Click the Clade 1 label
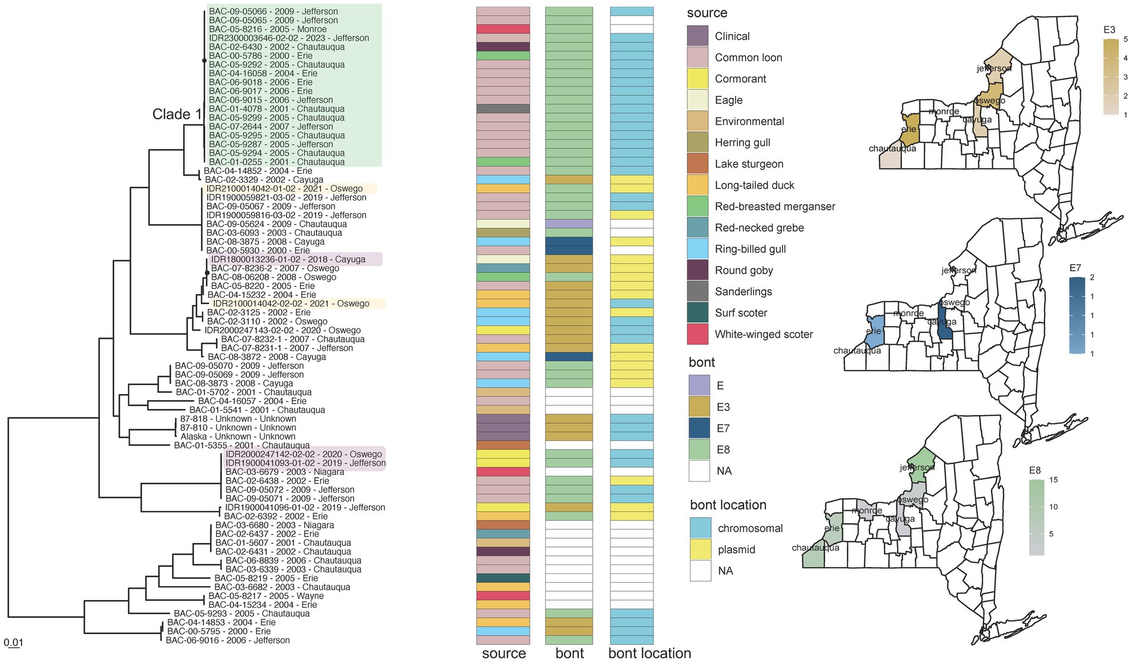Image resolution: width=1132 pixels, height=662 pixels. (177, 114)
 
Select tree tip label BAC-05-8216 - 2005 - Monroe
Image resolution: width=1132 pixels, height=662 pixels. (268, 29)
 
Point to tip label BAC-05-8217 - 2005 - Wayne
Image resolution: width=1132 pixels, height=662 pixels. (266, 596)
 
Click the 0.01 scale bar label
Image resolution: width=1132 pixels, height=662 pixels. (13, 642)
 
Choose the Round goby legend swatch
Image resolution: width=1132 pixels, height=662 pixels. (698, 270)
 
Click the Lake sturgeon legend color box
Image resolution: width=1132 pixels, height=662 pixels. (698, 164)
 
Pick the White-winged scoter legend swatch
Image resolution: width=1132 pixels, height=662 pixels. (698, 334)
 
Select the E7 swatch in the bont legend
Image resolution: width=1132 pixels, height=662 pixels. (700, 428)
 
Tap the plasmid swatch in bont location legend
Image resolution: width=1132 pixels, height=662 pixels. (701, 549)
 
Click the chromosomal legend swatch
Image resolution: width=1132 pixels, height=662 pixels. (701, 528)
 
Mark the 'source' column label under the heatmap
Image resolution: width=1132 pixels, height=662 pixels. (504, 653)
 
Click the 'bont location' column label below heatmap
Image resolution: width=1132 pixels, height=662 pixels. (649, 653)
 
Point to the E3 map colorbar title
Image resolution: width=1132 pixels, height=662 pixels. (1109, 30)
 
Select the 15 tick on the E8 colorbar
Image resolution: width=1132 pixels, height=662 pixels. (1053, 480)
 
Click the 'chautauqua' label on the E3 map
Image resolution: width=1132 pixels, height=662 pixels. (892, 148)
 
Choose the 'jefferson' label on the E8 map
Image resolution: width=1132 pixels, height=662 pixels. (917, 468)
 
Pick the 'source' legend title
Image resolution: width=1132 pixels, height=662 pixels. (706, 13)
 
